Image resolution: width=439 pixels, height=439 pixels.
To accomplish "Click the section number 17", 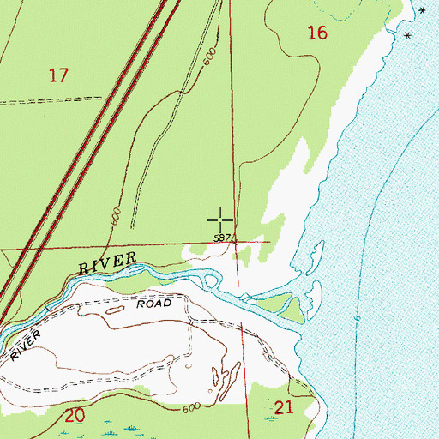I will coord(58,75).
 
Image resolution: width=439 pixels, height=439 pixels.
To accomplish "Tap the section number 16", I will coord(317,33).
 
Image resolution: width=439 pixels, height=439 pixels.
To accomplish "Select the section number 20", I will coord(75,416).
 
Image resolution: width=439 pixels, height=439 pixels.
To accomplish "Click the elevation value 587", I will coord(221,238).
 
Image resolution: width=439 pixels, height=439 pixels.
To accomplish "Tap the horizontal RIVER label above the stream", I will coord(108,263).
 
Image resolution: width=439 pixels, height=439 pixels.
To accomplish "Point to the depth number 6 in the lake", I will coord(356,319).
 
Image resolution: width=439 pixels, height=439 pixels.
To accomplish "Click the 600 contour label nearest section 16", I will coord(208,57).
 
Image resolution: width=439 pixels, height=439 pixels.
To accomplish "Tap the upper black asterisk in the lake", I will coord(421,10).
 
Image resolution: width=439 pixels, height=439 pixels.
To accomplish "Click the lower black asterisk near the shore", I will coord(407,35).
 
